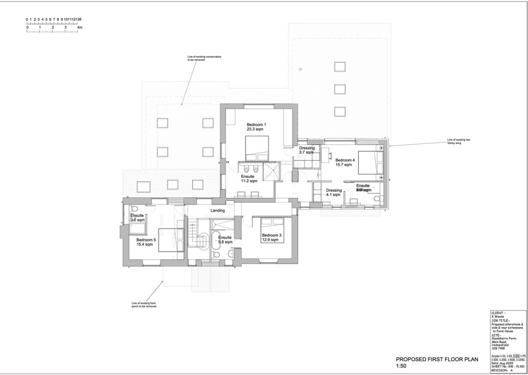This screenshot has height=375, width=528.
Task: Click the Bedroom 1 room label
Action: pyautogui.click(x=256, y=127)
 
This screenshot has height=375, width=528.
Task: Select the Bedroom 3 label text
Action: pyautogui.click(x=272, y=237)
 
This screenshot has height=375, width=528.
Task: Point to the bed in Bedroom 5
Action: pyautogui.click(x=170, y=240)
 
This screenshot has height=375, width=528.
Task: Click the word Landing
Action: pyautogui.click(x=218, y=210)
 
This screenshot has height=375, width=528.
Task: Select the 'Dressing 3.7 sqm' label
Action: pyautogui.click(x=307, y=150)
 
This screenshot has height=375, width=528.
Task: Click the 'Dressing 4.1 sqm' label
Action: pyautogui.click(x=333, y=192)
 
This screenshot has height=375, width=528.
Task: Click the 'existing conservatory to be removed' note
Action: pyautogui.click(x=204, y=58)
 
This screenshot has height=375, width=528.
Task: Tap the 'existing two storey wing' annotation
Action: pyautogui.click(x=458, y=141)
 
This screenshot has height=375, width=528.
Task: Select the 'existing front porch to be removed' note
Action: pyautogui.click(x=144, y=305)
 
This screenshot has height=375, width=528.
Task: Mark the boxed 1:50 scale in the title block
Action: pyautogui.click(x=515, y=356)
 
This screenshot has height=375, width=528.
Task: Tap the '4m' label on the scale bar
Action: pyautogui.click(x=79, y=27)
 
